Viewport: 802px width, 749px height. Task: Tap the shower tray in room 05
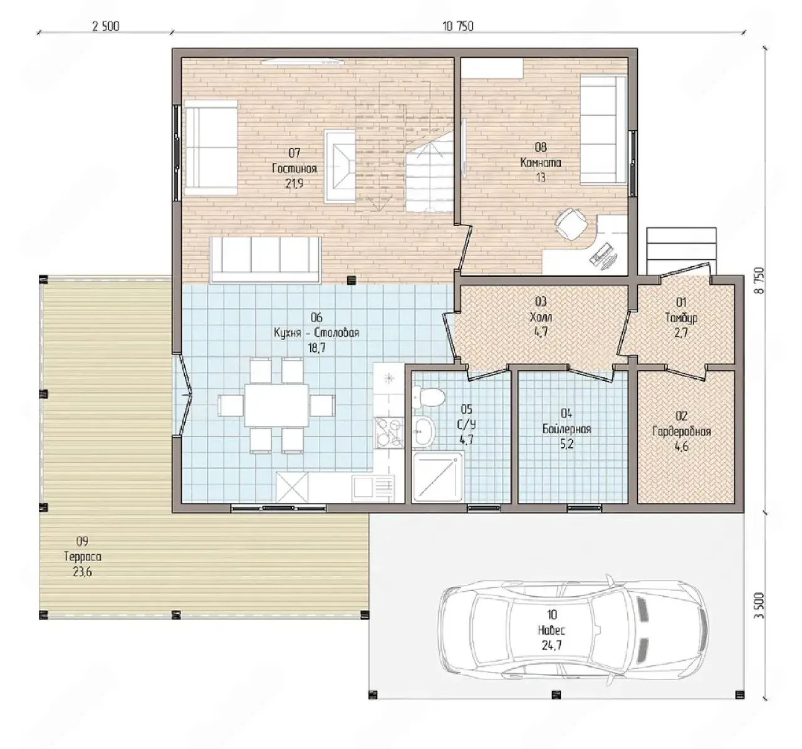(438, 477)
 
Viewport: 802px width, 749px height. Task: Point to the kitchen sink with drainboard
(373, 488)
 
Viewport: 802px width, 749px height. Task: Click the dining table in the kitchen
(276, 405)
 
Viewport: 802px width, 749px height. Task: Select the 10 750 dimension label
(458, 26)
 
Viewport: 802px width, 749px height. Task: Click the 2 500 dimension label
(106, 26)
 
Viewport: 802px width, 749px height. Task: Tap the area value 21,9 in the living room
(294, 184)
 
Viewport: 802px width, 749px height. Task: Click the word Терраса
(83, 556)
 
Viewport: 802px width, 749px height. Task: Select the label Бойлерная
(566, 429)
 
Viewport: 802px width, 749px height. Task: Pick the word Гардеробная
(681, 431)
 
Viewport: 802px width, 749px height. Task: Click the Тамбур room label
(681, 318)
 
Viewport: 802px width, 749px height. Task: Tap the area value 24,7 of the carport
(551, 645)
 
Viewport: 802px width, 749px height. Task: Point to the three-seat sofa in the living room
(265, 259)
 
